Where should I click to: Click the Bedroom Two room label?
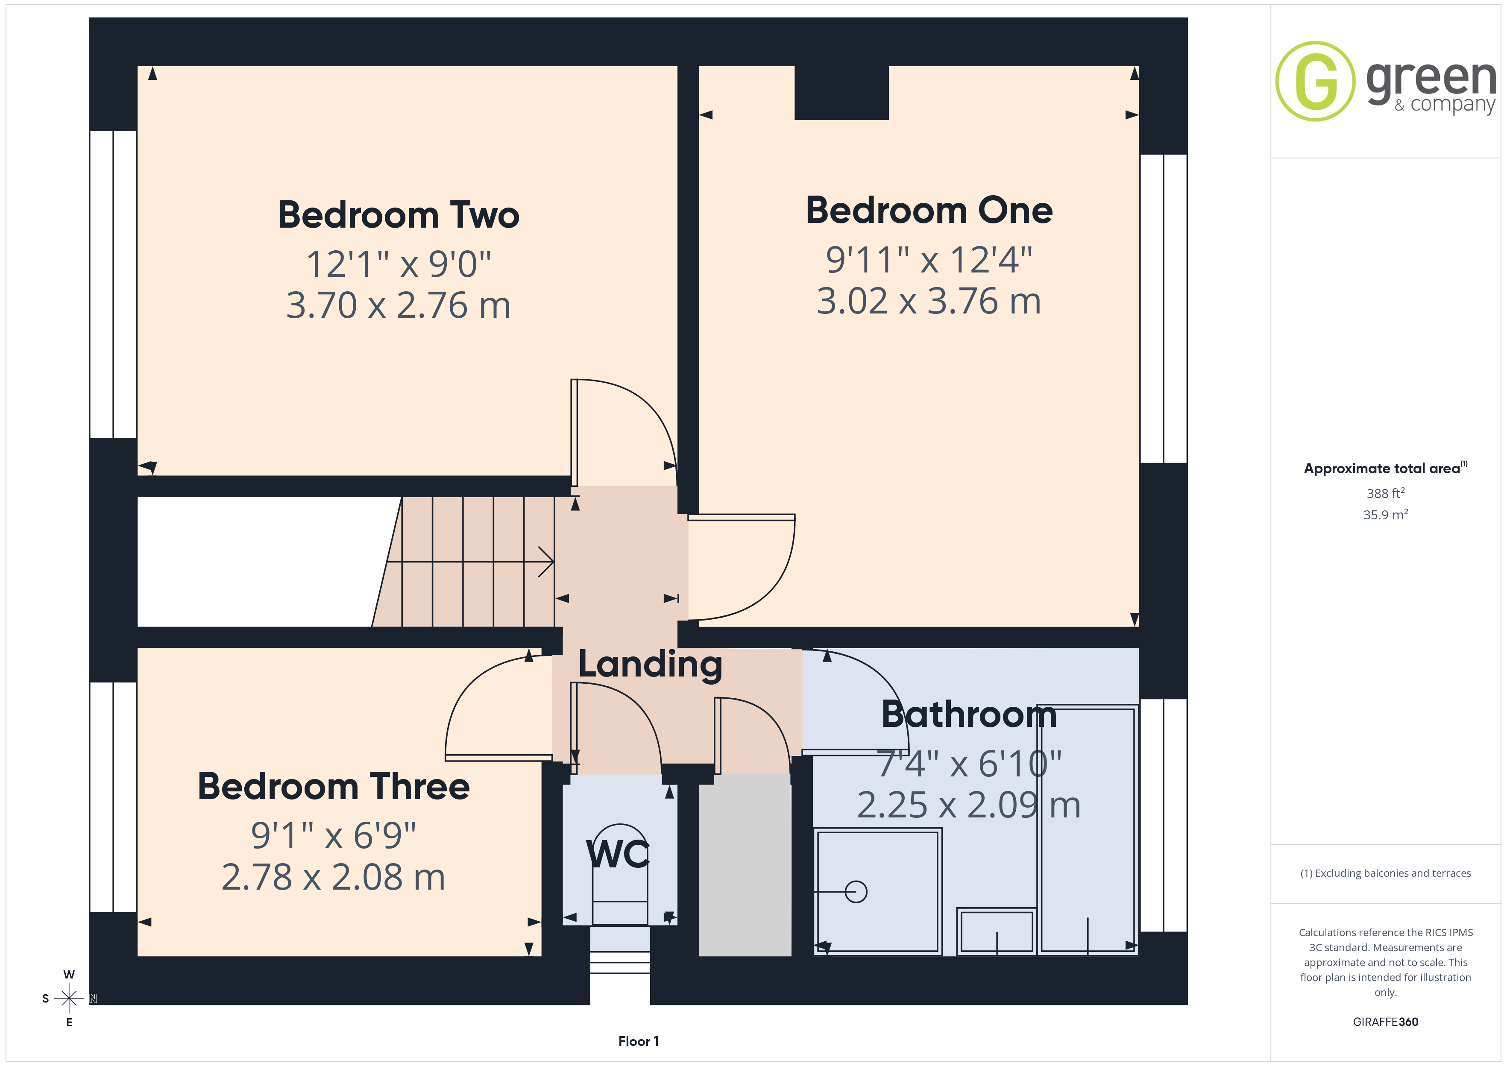[x=399, y=215]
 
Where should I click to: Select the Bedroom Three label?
[x=334, y=786]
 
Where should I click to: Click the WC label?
[x=618, y=854]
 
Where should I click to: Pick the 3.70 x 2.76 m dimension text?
[x=399, y=305]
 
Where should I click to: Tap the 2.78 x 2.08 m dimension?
[x=334, y=877]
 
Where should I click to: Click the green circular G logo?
[x=1315, y=82]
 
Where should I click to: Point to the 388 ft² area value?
[x=1386, y=493]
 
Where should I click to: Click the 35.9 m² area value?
[x=1386, y=515]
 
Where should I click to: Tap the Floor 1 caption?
[x=638, y=1041]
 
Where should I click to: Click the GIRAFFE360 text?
[x=1386, y=1022]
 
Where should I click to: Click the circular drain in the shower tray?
[x=856, y=891]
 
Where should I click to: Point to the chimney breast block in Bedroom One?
[x=841, y=93]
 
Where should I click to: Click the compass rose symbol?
[x=69, y=999]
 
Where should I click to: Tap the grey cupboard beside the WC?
[x=745, y=865]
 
